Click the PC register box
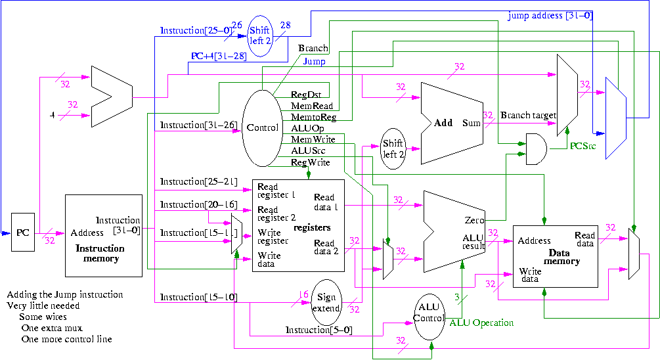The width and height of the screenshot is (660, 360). click(23, 232)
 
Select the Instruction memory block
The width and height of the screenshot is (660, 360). click(104, 235)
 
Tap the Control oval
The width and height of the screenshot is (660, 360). click(262, 127)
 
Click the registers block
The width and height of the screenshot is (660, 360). click(298, 225)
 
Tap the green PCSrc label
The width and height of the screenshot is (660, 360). click(583, 145)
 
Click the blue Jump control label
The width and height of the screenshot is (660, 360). click(315, 62)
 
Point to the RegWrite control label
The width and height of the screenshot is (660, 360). click(311, 162)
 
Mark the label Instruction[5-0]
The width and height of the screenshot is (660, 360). click(318, 330)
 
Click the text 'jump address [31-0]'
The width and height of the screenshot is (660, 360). click(550, 15)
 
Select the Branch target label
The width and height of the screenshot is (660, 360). click(528, 115)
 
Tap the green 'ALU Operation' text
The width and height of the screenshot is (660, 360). click(481, 323)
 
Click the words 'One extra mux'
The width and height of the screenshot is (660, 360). click(52, 328)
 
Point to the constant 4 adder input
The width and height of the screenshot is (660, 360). click(52, 116)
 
